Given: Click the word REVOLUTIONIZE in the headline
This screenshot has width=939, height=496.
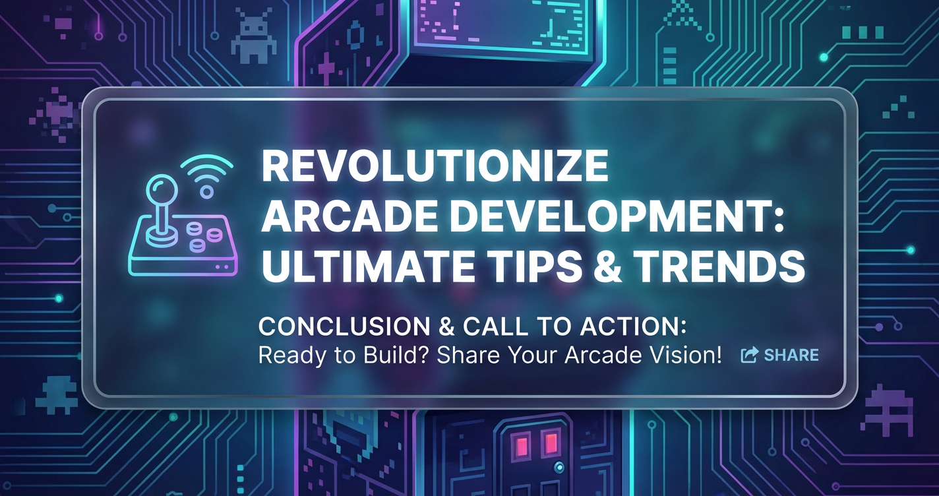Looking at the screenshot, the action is (435, 166).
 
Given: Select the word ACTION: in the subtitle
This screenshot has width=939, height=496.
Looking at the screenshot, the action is (633, 326).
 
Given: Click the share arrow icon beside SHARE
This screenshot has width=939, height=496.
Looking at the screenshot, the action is (750, 355).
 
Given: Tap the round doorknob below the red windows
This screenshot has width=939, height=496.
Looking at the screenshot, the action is (559, 467).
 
